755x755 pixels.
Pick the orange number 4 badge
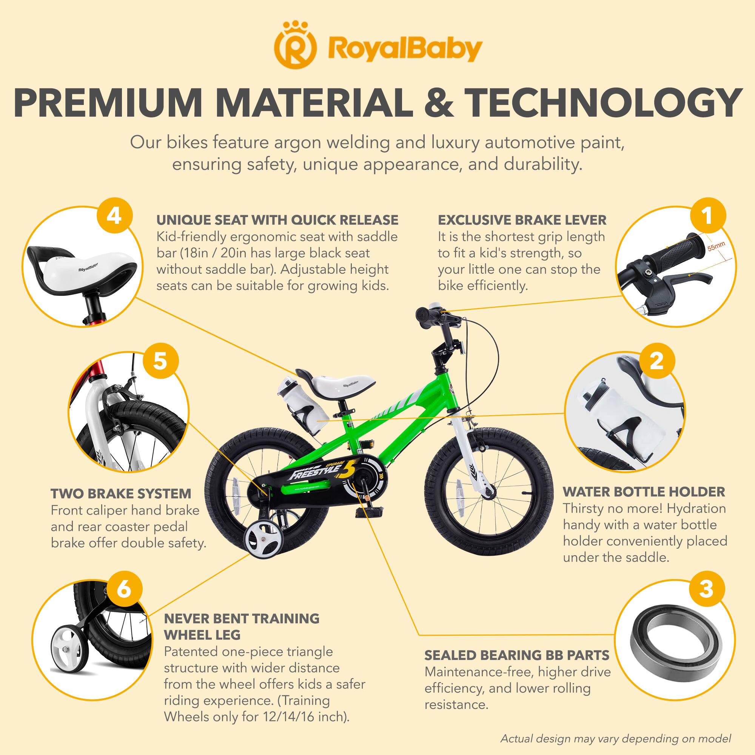114,216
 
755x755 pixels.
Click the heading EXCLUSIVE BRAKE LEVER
522,220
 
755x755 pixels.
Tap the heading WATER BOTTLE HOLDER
644,492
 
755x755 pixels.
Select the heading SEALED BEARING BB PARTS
517,655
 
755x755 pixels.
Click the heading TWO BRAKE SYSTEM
121,494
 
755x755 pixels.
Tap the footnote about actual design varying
615,739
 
